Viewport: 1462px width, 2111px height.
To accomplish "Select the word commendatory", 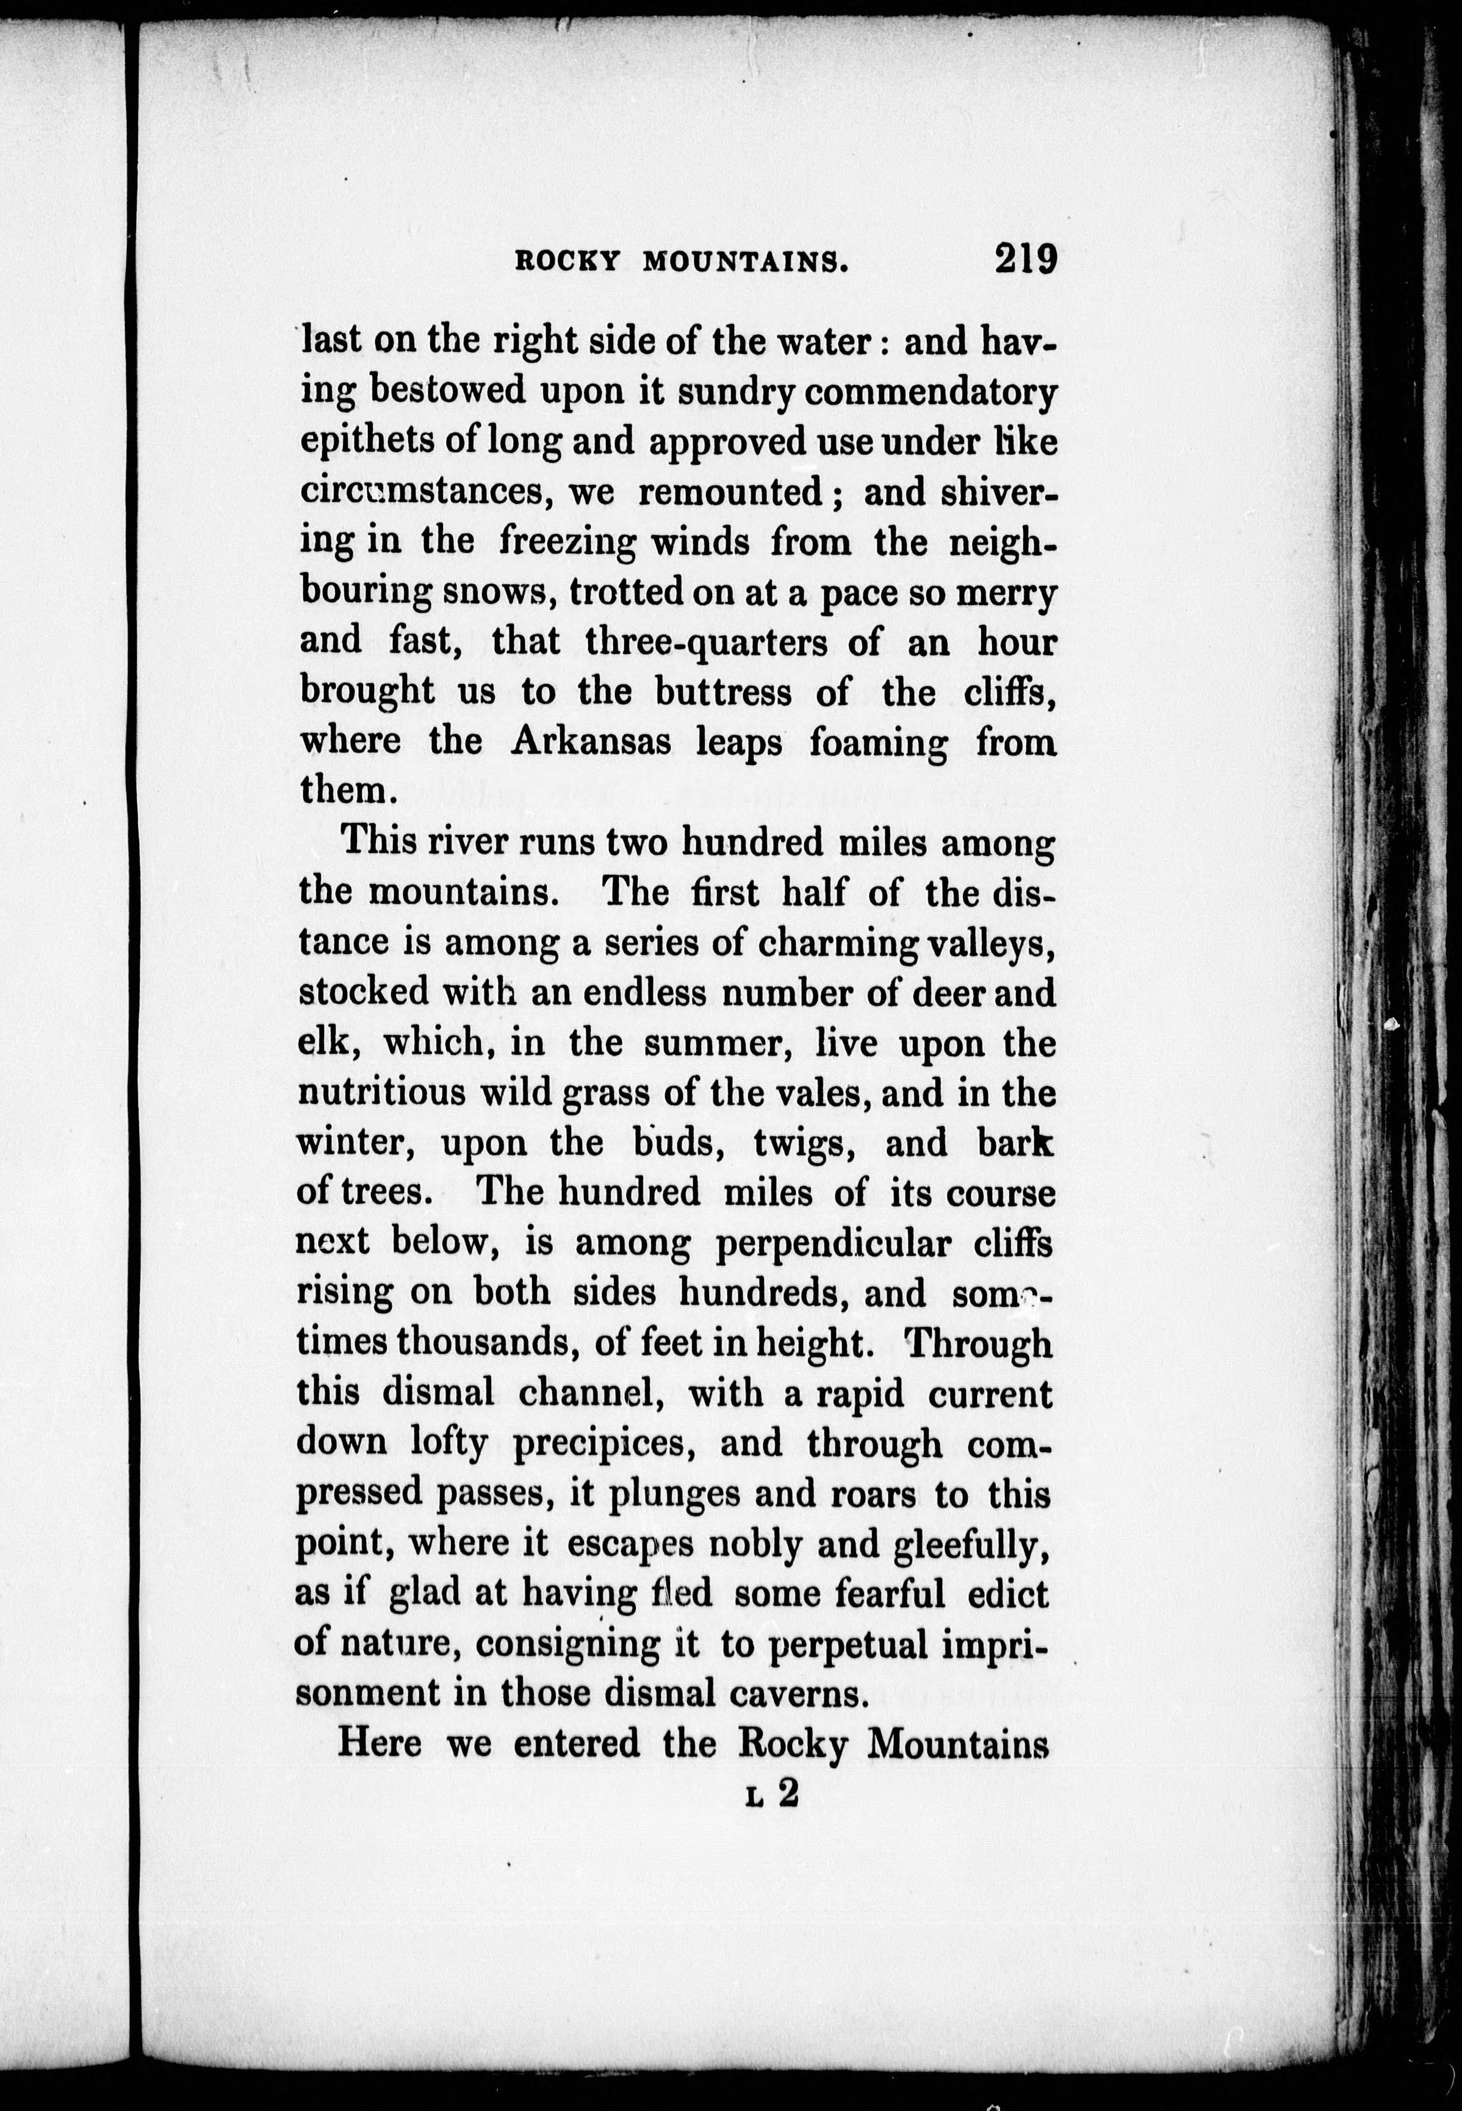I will tap(931, 393).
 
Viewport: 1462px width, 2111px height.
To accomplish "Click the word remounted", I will tap(730, 493).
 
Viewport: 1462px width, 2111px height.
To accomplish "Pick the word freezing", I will tap(566, 542).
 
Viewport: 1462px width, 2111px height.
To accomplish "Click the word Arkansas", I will tap(589, 741).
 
